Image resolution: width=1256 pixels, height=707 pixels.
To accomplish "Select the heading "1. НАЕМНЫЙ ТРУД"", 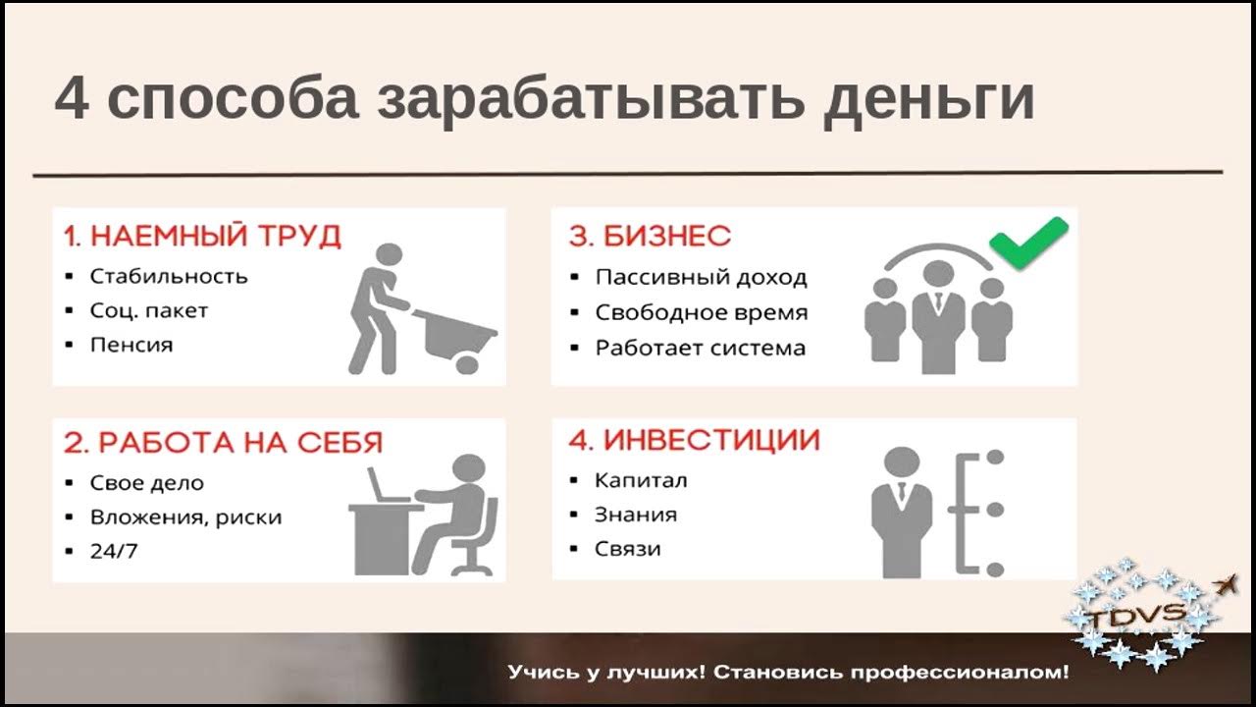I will [202, 237].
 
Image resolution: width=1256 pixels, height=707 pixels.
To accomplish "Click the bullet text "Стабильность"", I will [168, 276].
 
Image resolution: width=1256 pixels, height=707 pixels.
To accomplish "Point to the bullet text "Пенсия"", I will [131, 345].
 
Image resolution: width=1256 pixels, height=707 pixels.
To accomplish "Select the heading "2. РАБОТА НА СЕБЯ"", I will [223, 443].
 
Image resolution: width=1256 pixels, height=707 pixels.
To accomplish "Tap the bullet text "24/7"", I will [114, 551].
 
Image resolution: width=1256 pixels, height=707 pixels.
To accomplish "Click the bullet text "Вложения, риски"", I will [185, 517].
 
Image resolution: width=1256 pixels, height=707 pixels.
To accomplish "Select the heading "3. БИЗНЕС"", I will [650, 237].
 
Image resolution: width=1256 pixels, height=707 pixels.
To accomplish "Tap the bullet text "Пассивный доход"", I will [701, 278].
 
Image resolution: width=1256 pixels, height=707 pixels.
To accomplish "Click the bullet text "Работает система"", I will [700, 348].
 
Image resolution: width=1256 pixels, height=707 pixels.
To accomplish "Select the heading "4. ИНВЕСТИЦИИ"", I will [694, 441].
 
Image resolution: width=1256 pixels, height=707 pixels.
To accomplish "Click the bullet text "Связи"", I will [627, 548].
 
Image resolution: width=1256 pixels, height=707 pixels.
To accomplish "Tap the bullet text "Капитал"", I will [641, 480].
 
